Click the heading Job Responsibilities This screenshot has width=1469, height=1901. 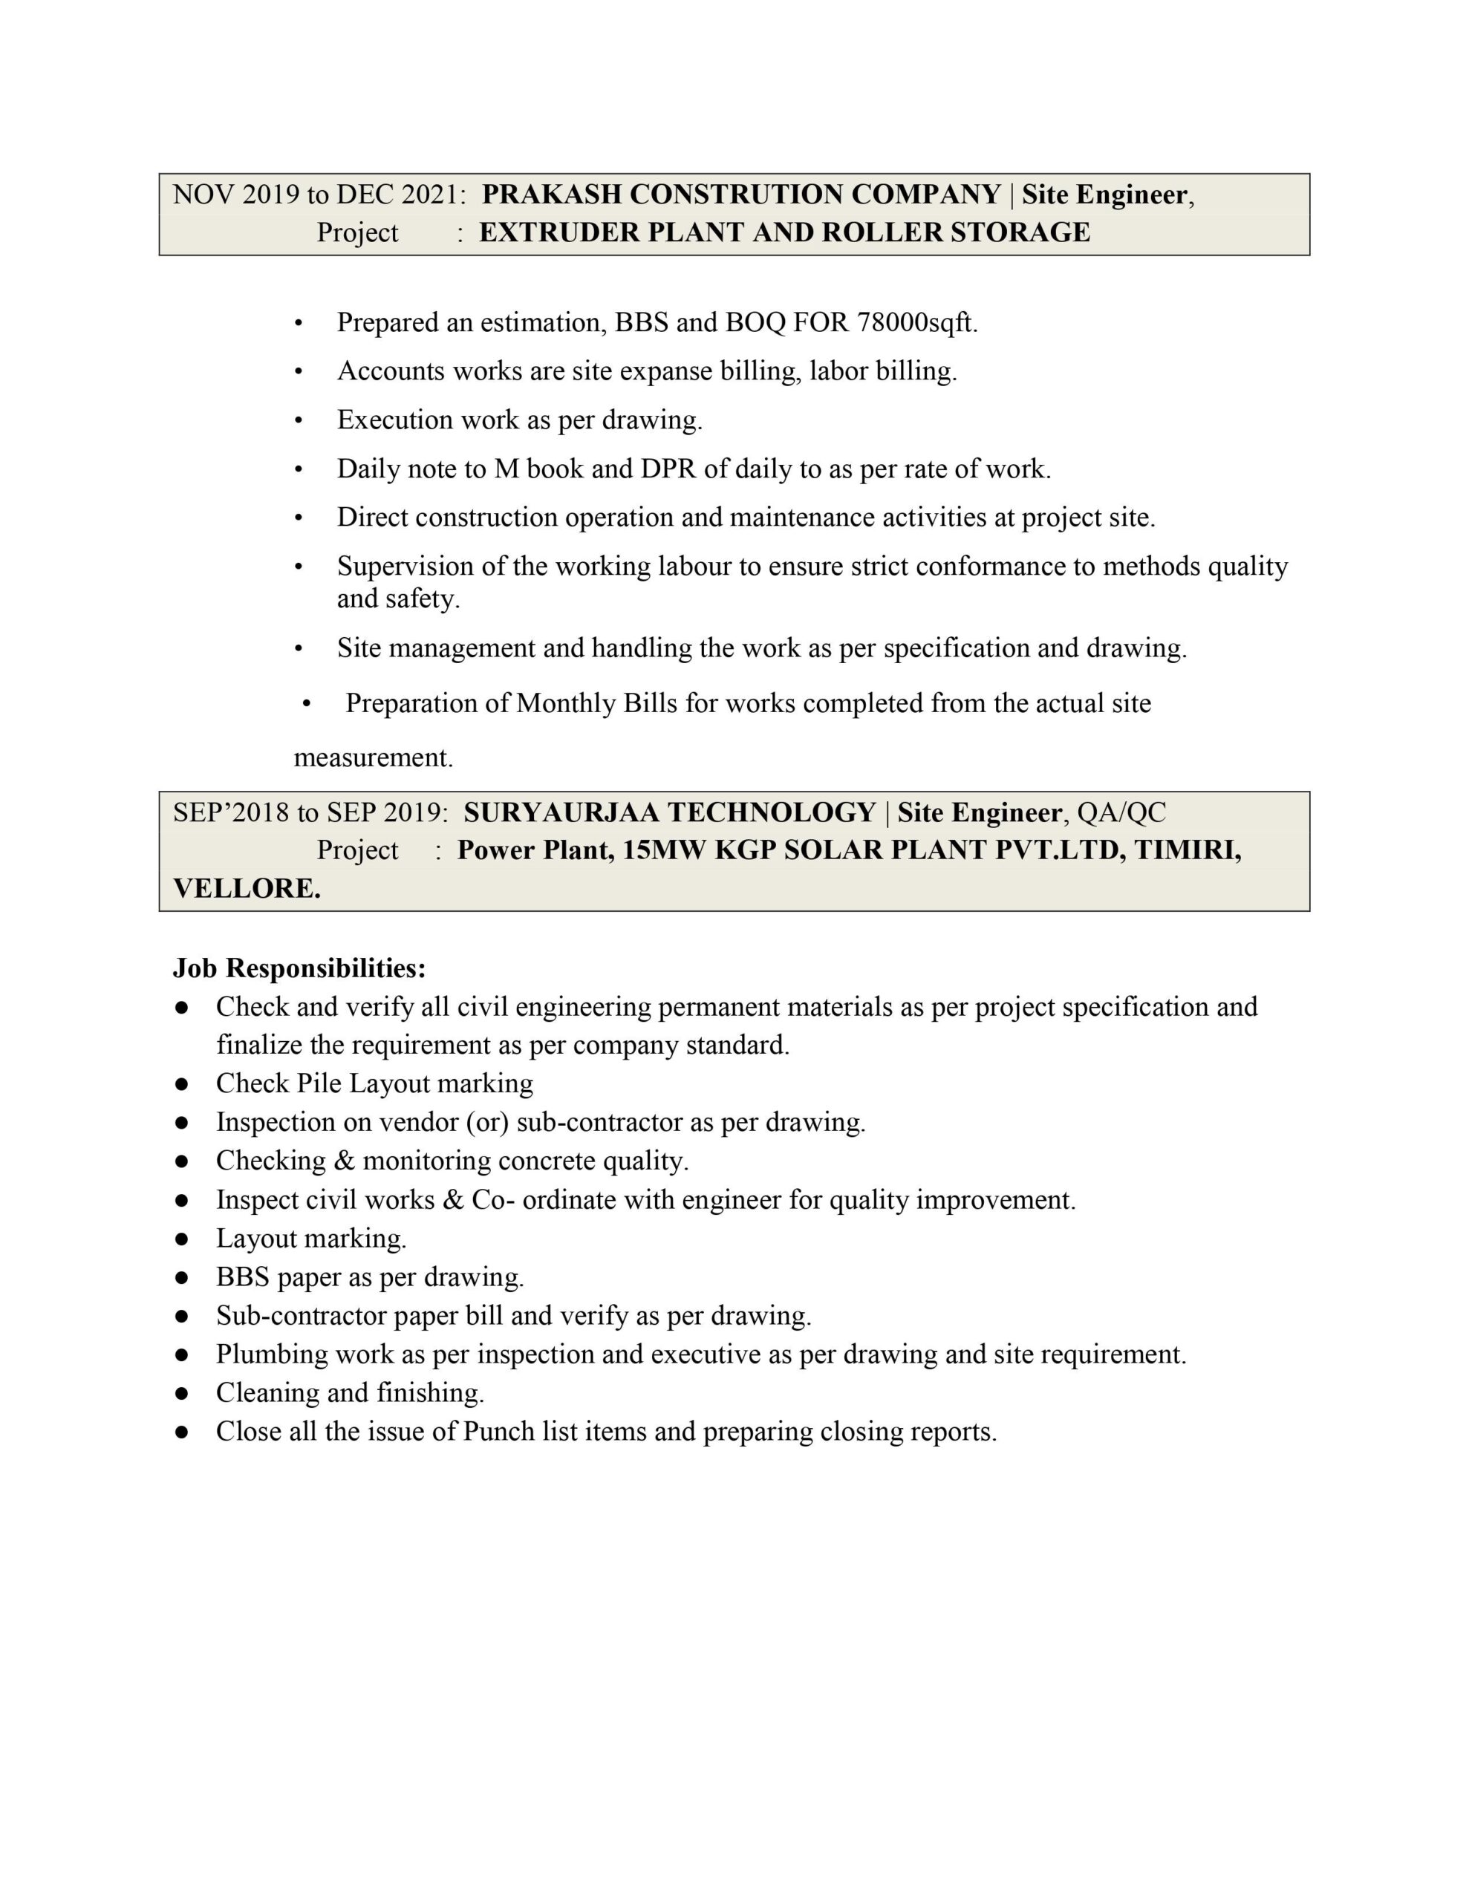click(x=299, y=968)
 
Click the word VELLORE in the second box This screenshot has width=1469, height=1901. click(x=247, y=889)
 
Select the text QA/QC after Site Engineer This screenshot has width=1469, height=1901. click(x=1121, y=812)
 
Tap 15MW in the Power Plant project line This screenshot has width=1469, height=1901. click(x=665, y=850)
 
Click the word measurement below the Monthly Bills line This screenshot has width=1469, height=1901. click(x=373, y=758)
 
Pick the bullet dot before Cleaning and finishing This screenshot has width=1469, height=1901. click(x=181, y=1394)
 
